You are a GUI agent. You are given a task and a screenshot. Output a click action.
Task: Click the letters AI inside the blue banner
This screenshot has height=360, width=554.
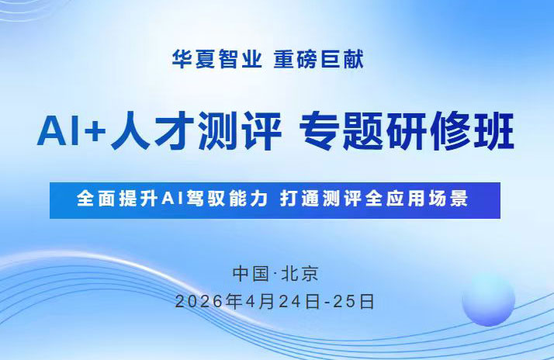coord(171,199)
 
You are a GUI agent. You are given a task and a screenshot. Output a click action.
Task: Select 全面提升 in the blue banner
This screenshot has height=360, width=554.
coord(119,199)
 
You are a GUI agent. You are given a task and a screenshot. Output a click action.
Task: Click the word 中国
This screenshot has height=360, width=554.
coord(250,274)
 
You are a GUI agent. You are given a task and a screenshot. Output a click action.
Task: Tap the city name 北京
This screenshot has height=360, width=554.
coord(302,274)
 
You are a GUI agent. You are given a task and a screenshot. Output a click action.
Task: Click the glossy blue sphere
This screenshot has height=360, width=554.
coord(488,299)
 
